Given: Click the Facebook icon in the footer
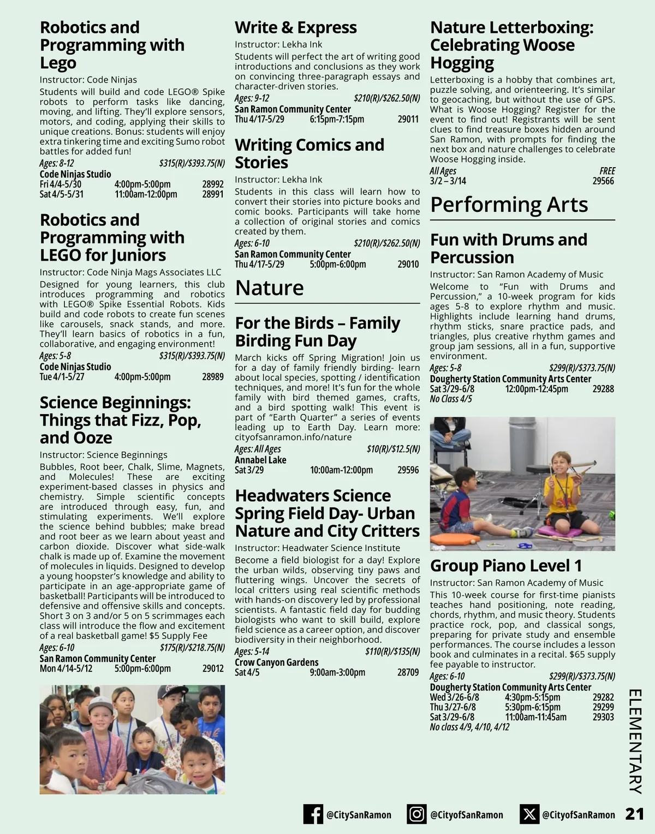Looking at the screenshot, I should point(313,814).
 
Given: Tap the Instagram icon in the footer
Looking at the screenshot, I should point(416,814).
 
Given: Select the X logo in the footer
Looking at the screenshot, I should point(529,814).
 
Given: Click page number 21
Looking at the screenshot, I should point(634,814).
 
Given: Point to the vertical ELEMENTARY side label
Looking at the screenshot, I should point(635,741).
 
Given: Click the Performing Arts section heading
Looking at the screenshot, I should point(509,204).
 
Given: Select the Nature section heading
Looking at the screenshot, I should point(269,288).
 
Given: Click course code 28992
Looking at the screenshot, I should point(213,184).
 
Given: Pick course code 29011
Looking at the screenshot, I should point(408,119).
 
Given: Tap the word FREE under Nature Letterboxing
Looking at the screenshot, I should point(607,171).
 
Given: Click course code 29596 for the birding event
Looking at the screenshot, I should point(408,470).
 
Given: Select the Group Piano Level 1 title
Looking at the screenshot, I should point(505,565).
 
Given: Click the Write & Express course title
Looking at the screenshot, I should point(295,27).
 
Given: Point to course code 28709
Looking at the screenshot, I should point(408,672).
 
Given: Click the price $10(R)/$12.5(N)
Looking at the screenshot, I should point(393,449).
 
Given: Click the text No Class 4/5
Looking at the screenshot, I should point(451,399).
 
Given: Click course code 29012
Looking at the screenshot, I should point(213,669).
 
